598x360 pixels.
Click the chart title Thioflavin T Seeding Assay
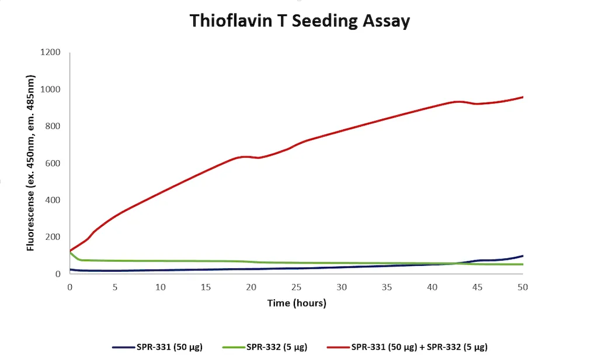(x=300, y=21)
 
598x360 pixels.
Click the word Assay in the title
(x=383, y=21)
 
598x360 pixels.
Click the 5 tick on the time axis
(x=115, y=287)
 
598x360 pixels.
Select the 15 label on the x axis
(x=206, y=287)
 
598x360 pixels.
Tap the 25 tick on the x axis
(x=296, y=287)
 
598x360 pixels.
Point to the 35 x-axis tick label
(x=387, y=287)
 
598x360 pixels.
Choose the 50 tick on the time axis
(x=523, y=287)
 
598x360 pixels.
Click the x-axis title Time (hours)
(x=297, y=303)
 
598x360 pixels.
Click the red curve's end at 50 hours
(x=523, y=97)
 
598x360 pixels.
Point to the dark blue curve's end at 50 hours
(x=523, y=256)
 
